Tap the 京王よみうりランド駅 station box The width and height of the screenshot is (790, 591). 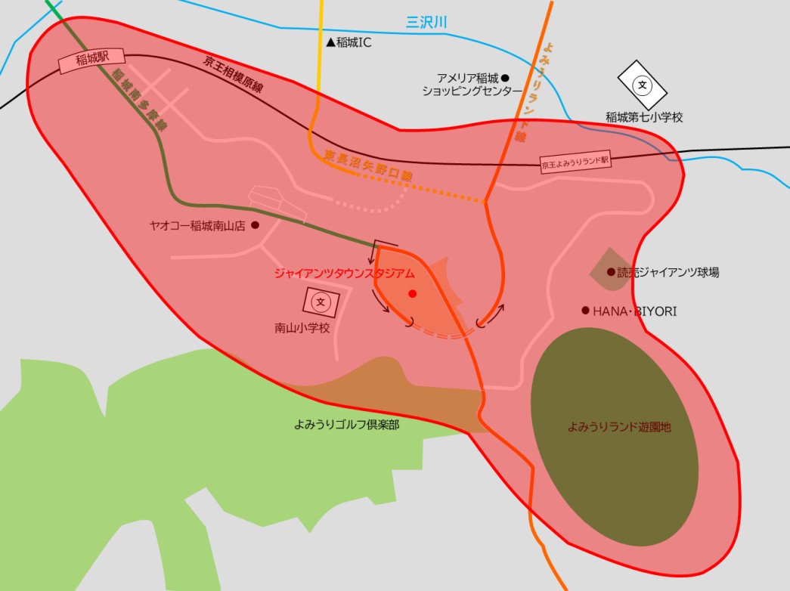[575, 162]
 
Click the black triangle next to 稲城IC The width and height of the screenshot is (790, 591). [330, 43]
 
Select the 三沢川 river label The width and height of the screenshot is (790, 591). [427, 23]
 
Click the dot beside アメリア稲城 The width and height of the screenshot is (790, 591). [506, 78]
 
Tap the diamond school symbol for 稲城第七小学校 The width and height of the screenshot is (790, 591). [643, 85]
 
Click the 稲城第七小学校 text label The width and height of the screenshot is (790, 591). [644, 118]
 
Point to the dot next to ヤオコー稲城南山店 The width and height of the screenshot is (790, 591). [255, 225]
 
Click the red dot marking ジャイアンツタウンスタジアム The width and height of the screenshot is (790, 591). [412, 293]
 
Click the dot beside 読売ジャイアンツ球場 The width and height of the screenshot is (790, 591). [611, 272]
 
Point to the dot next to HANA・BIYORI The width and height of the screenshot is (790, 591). [585, 311]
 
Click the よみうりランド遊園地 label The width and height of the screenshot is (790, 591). [619, 427]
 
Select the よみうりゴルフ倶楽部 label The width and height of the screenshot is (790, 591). [346, 425]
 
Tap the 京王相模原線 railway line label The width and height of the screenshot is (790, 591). [233, 74]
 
